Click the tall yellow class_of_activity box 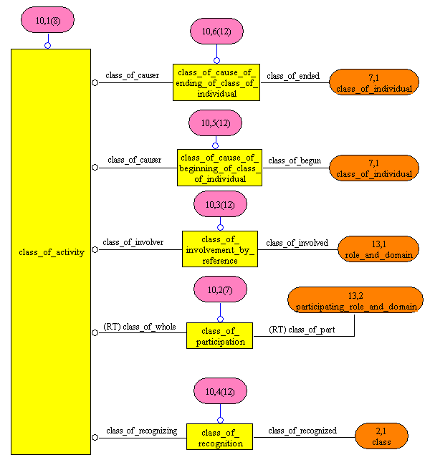[x=51, y=251]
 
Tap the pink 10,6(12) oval [x=216, y=32]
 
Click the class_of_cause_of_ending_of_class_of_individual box [x=216, y=82]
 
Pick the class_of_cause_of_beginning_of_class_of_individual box [x=220, y=168]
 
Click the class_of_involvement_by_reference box [x=219, y=249]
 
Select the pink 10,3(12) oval [x=220, y=205]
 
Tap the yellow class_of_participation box [x=220, y=336]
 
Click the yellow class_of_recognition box [x=220, y=437]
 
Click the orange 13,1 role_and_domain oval [x=378, y=249]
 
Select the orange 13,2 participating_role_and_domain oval [x=355, y=300]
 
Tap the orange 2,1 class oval [x=381, y=436]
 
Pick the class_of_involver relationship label [x=133, y=242]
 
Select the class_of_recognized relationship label [x=302, y=431]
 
